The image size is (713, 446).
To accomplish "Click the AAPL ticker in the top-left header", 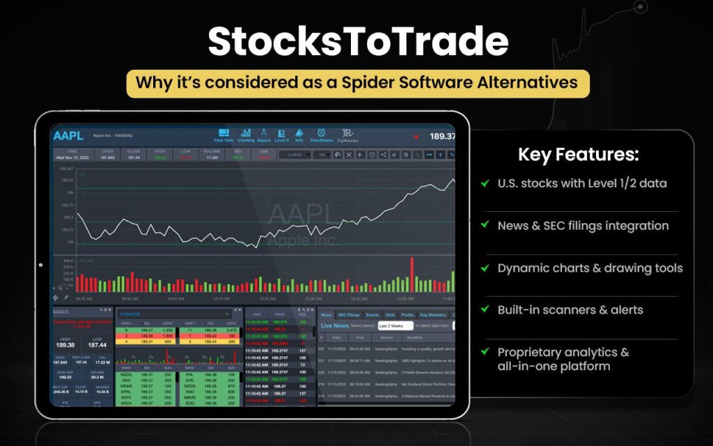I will (x=68, y=136).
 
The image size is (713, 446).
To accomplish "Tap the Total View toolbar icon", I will (x=224, y=134).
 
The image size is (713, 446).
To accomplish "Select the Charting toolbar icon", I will (x=246, y=134).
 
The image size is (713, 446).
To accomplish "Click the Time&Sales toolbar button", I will (x=321, y=134).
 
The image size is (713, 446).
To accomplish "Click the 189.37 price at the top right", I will (x=442, y=137).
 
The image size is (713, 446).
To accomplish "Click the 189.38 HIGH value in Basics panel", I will (x=65, y=345).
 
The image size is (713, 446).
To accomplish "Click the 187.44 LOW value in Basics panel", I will (x=97, y=345).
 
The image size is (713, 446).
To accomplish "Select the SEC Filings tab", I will (x=348, y=315).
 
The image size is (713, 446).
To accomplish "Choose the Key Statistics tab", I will (x=432, y=315).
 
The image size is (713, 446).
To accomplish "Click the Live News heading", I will (x=335, y=325).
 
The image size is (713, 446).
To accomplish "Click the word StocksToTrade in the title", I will (x=358, y=43).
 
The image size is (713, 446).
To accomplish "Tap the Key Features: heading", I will (x=578, y=155).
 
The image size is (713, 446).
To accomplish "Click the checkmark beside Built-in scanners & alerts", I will (x=484, y=310).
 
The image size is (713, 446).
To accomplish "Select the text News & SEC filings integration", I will (x=583, y=226).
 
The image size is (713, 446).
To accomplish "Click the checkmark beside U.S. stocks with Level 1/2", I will (x=484, y=183).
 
